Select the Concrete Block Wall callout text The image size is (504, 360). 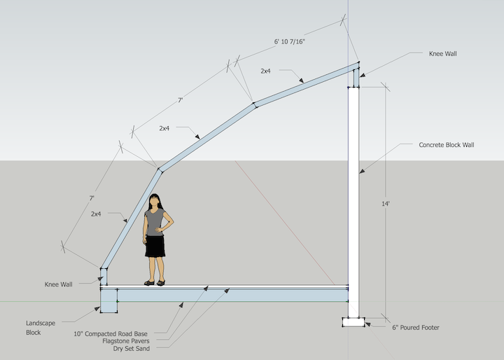click(x=446, y=145)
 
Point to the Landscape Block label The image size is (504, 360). click(x=41, y=327)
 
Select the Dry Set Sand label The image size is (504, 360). click(x=133, y=348)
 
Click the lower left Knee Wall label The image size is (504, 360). click(x=58, y=284)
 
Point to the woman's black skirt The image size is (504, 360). click(x=155, y=247)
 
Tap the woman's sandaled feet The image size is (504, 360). click(x=155, y=282)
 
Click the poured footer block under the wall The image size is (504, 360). click(x=353, y=323)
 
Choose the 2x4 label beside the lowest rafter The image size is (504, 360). click(x=97, y=214)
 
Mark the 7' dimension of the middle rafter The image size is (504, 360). click(x=180, y=101)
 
